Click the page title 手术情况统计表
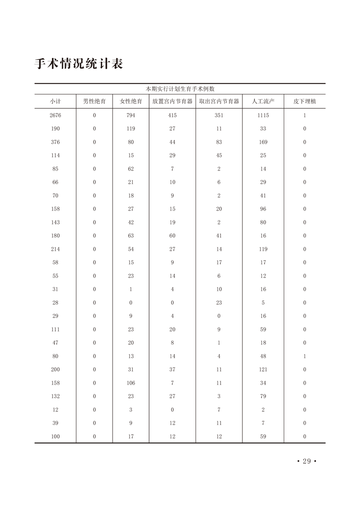(x=79, y=64)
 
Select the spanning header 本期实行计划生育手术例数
(x=180, y=89)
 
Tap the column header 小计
(x=55, y=102)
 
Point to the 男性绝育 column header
(x=94, y=102)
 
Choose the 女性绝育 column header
(x=131, y=102)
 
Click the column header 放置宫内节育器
(x=173, y=102)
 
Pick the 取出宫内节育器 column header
(x=219, y=102)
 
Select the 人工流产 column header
(x=263, y=102)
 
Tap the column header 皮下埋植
(x=305, y=102)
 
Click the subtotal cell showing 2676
(x=55, y=115)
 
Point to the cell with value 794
(x=131, y=115)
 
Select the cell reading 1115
(x=263, y=115)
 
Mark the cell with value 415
(x=173, y=115)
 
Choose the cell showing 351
(x=219, y=115)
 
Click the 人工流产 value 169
(x=263, y=142)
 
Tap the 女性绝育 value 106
(x=131, y=383)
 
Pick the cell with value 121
(x=263, y=370)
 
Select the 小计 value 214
(x=55, y=249)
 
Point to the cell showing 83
(x=219, y=142)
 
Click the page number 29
(x=306, y=461)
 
